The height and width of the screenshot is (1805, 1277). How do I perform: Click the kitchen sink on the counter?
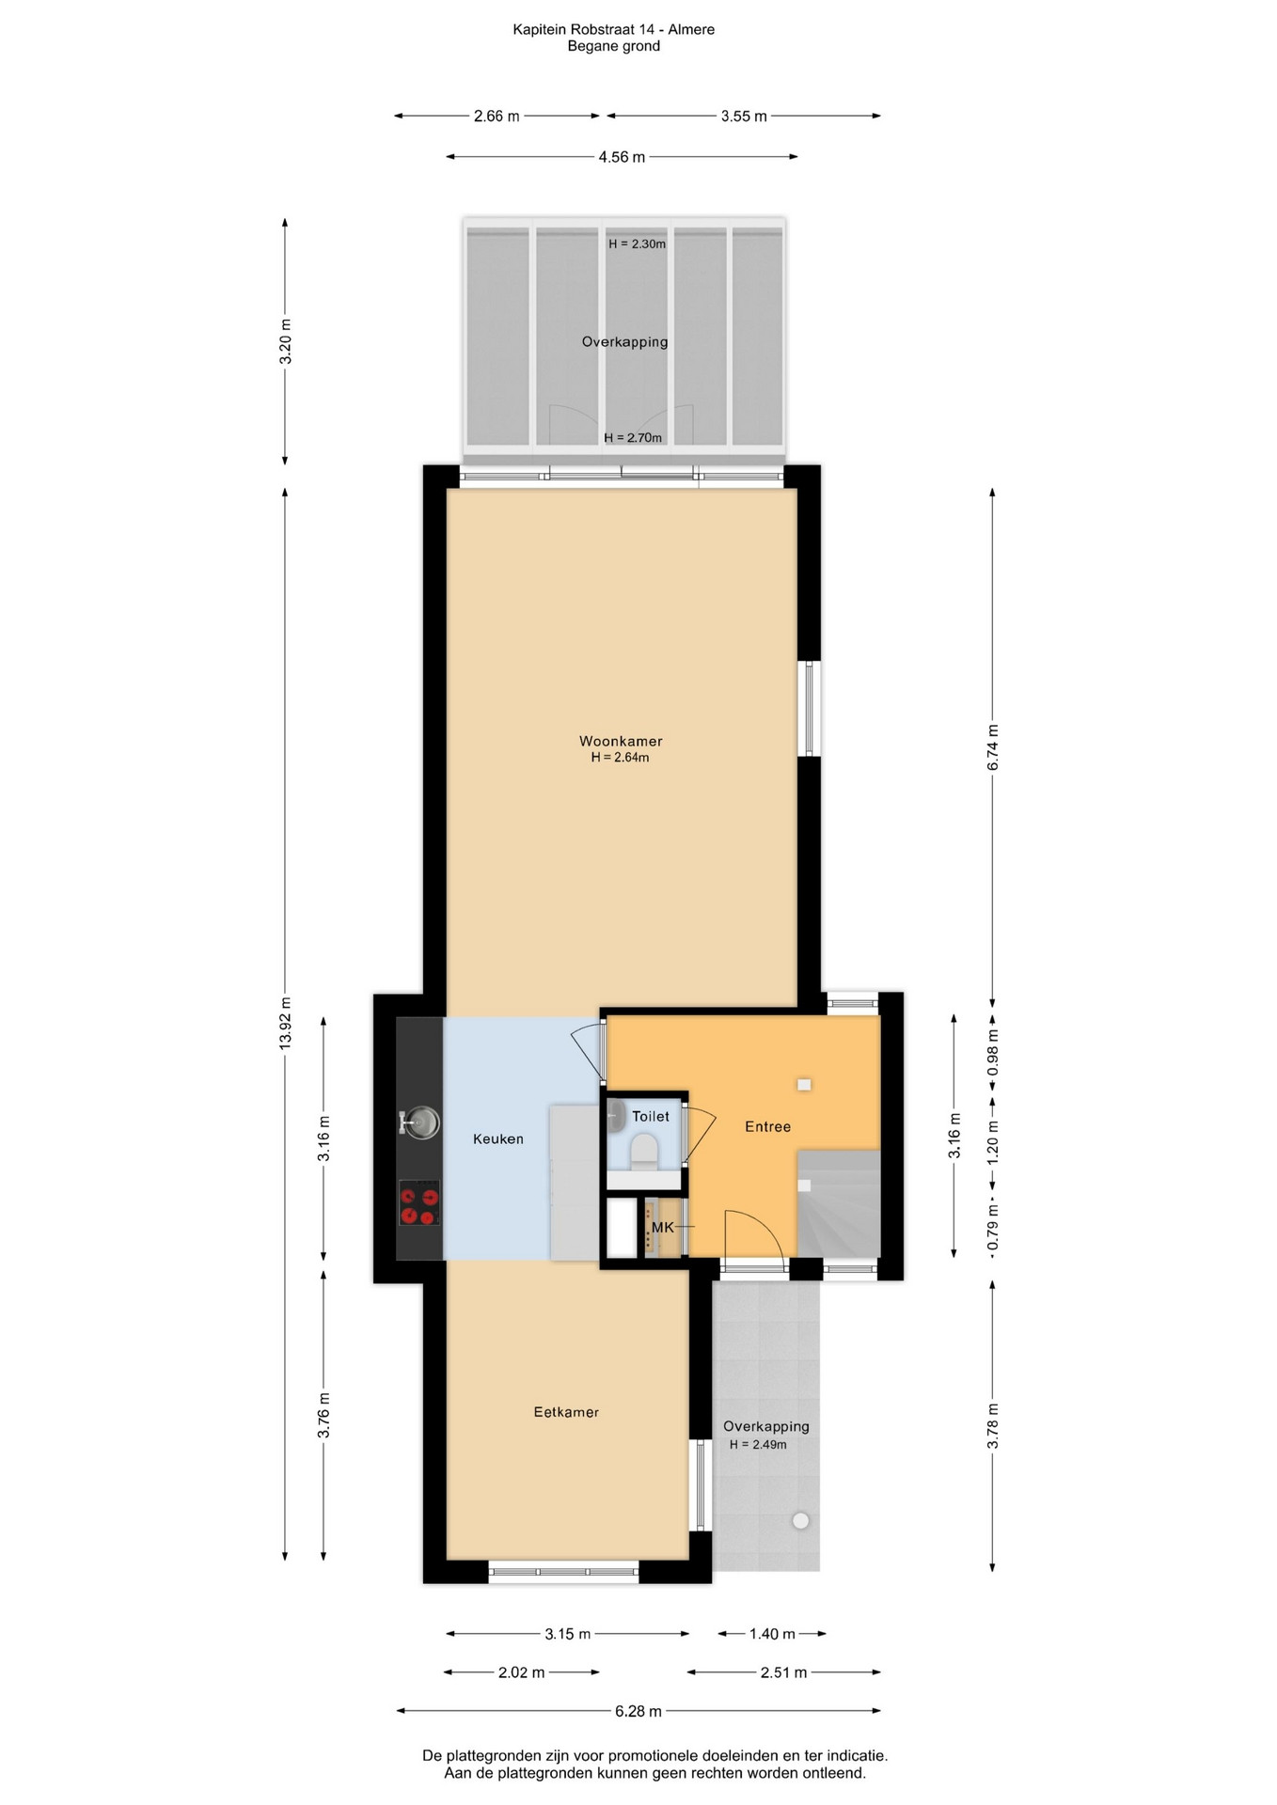pos(419,1122)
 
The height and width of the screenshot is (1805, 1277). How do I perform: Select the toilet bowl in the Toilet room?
pos(644,1149)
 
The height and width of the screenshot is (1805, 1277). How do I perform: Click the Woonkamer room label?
pos(621,741)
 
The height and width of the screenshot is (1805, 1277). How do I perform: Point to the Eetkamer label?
pos(566,1411)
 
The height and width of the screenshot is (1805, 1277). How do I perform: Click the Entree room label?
pos(767,1126)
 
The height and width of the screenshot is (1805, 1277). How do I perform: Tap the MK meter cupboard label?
pos(663,1227)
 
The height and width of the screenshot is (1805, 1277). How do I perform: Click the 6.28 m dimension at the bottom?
pos(638,1711)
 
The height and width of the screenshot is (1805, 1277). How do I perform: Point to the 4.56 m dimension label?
pos(622,157)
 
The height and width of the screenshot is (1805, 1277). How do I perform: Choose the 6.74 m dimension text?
pos(993,747)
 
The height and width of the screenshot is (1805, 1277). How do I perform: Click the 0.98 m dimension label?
pos(993,1054)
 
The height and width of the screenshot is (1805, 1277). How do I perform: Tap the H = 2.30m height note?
pos(637,243)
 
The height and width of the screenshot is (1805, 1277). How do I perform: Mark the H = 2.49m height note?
pos(758,1444)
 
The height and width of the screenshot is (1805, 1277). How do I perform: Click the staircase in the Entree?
pos(839,1203)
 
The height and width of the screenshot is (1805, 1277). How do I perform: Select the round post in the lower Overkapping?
pos(800,1520)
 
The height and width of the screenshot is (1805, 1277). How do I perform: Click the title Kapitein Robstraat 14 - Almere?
pos(613,29)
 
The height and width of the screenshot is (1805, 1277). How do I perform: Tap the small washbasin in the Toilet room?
pos(617,1116)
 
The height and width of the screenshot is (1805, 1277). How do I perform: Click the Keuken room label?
pos(497,1138)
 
